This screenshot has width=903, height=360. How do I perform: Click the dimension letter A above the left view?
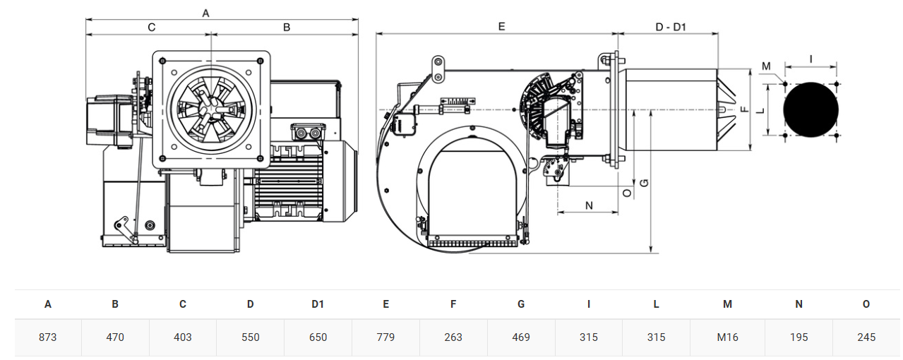point(205,13)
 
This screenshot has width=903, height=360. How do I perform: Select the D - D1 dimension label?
point(671,27)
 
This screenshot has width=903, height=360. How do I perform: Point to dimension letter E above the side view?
point(501,27)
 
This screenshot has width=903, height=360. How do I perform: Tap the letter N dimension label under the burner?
point(589,205)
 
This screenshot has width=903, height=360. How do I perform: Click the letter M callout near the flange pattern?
point(766,66)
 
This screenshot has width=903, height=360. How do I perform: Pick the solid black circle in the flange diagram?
point(811,109)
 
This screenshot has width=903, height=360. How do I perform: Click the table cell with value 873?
point(47,337)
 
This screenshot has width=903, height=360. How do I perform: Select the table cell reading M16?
point(727,337)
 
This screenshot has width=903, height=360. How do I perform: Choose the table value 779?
point(385,337)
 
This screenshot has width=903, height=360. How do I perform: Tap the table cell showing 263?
point(453,337)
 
